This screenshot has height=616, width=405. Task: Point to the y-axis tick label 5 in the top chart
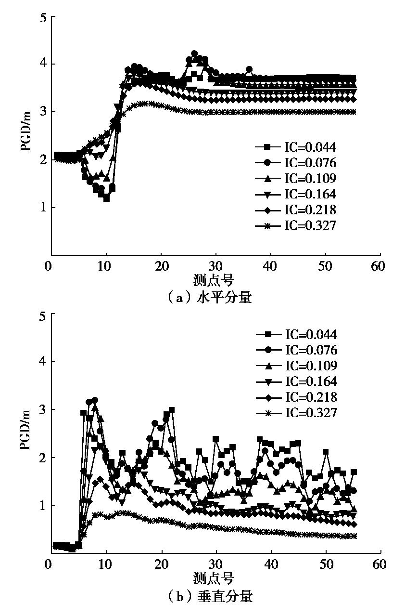[43, 17]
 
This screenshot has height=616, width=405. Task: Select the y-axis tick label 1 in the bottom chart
[43, 505]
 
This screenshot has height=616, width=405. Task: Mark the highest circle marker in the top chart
[194, 53]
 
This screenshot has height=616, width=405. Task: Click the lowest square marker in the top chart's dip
[106, 198]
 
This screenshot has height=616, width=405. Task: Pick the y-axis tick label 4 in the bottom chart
[43, 362]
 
